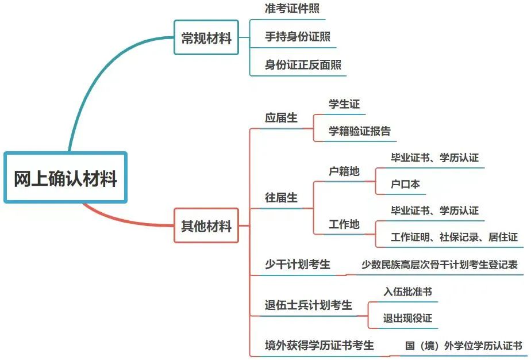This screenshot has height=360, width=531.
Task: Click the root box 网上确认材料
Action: (x=65, y=178)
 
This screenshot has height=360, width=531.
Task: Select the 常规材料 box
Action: (x=206, y=38)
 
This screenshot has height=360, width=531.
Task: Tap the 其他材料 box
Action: (x=206, y=225)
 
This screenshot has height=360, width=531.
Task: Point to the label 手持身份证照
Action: (x=297, y=37)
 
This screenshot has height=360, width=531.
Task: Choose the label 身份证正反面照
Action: (x=303, y=64)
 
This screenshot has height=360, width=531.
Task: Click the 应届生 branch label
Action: (x=281, y=118)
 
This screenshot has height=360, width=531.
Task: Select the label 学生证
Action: (x=344, y=104)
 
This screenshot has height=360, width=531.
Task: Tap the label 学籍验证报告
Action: (x=360, y=131)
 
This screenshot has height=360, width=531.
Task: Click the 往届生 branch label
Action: (x=281, y=197)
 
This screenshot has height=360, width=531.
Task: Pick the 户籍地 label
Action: (x=344, y=171)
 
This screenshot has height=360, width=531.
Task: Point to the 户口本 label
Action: (x=405, y=185)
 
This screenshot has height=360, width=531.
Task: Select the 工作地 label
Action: (x=344, y=224)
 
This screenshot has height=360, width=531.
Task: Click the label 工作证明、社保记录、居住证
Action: (x=454, y=237)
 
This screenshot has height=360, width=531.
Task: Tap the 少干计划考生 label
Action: (x=297, y=265)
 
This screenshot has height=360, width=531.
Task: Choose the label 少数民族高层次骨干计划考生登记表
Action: (x=439, y=265)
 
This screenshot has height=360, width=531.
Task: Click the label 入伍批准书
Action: (x=407, y=292)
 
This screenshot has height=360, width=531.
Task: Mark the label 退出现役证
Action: (x=407, y=318)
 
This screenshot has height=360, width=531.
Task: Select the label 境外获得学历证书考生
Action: (x=319, y=345)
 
